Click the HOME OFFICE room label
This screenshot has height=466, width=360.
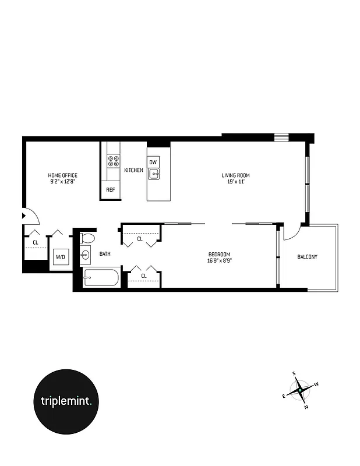pyautogui.click(x=62, y=175)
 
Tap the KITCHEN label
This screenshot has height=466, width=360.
pyautogui.click(x=133, y=170)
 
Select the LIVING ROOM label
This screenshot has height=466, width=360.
pyautogui.click(x=235, y=175)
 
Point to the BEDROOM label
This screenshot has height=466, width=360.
pyautogui.click(x=220, y=254)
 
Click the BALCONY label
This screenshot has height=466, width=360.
pyautogui.click(x=307, y=257)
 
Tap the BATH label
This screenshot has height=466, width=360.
pyautogui.click(x=105, y=254)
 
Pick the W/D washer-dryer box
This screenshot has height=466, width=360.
pyautogui.click(x=60, y=256)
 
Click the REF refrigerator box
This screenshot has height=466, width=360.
pyautogui.click(x=110, y=190)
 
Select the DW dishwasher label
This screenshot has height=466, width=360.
pyautogui.click(x=153, y=162)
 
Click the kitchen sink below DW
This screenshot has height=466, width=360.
pyautogui.click(x=154, y=173)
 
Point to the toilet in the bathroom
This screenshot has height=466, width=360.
pyautogui.click(x=87, y=238)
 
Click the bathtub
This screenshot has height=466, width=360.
pyautogui.click(x=101, y=278)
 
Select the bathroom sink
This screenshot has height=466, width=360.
pyautogui.click(x=86, y=255)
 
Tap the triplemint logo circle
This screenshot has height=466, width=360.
pyautogui.click(x=70, y=401)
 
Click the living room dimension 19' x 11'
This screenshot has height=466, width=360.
pyautogui.click(x=235, y=182)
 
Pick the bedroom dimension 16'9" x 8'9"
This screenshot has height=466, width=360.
pyautogui.click(x=220, y=260)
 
